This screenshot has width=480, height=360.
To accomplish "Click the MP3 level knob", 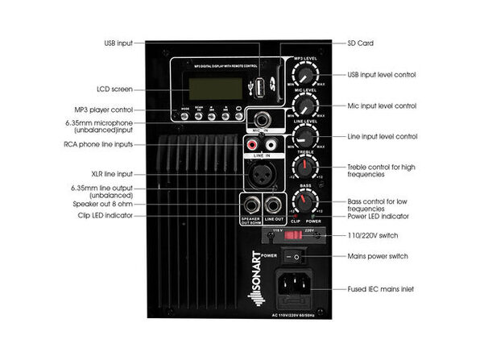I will coord(305,74).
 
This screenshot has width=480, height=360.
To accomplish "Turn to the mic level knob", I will coord(305,106).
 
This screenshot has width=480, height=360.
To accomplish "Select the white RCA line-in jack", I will coord(272,146).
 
